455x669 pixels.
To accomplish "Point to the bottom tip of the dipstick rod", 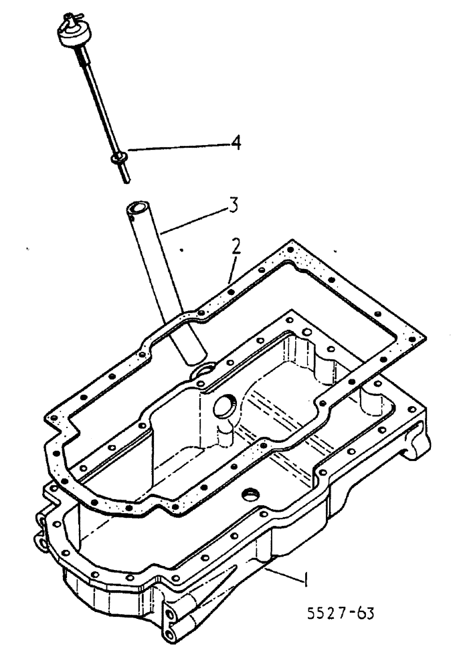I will tap(126, 179).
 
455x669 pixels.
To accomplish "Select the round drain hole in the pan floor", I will tap(252, 496).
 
